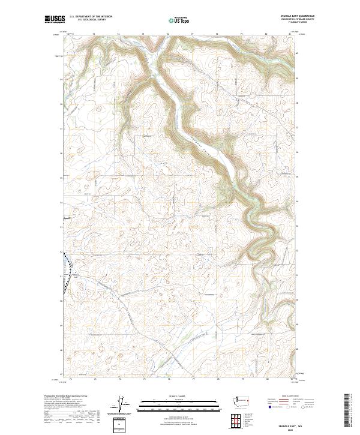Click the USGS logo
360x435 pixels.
click(55, 19)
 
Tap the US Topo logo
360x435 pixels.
click(179, 20)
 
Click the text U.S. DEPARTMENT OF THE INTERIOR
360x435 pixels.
click(91, 17)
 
